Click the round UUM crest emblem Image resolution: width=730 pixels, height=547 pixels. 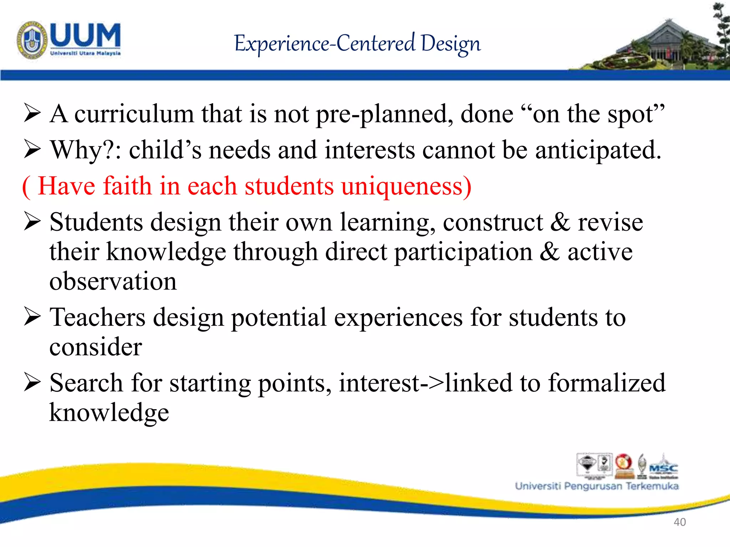[32, 40]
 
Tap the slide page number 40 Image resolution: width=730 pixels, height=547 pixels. [679, 522]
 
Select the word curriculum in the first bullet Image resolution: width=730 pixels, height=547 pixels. [134, 114]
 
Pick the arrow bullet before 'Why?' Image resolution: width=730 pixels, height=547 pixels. [32, 150]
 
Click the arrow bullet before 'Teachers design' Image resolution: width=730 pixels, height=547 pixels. [32, 317]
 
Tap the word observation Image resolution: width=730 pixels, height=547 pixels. [113, 281]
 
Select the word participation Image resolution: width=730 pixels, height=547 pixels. [463, 252]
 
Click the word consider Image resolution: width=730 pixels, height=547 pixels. [96, 347]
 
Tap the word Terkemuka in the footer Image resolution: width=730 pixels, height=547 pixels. [652, 486]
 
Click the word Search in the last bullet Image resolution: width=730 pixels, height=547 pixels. [86, 383]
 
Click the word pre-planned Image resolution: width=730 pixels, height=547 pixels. [385, 115]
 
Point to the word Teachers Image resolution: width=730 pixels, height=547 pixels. [97, 317]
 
